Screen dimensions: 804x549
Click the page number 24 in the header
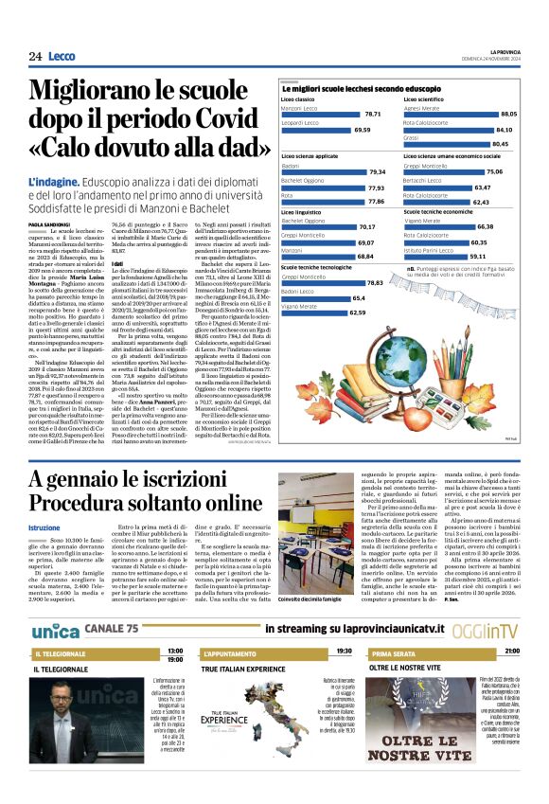click(x=35, y=57)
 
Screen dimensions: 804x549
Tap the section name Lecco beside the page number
click(x=62, y=57)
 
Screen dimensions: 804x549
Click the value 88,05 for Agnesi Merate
click(x=508, y=113)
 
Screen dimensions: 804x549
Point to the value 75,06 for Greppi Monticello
click(x=494, y=171)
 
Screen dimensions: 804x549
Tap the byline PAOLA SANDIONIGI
click(x=49, y=223)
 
